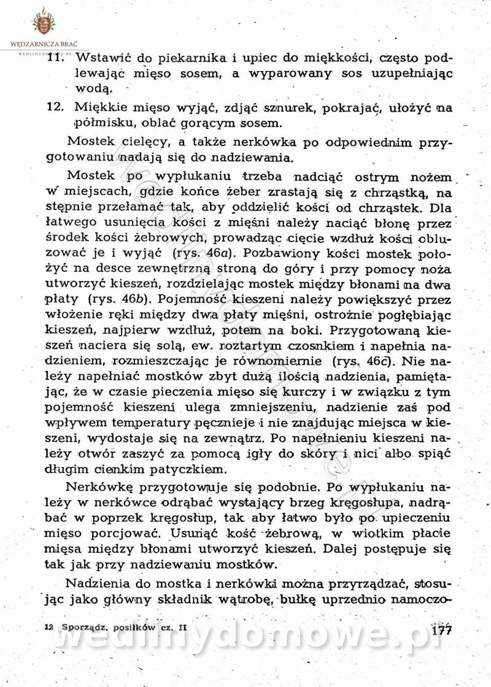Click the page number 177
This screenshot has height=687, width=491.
[x=441, y=631]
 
